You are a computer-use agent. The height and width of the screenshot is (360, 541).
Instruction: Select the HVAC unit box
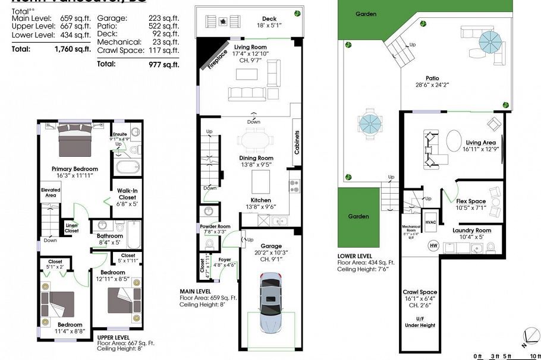[430, 222]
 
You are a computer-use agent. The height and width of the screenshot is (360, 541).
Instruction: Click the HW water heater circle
[433, 245]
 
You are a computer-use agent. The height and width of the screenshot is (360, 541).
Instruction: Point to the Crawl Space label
[420, 292]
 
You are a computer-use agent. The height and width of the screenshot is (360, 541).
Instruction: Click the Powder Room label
[215, 226]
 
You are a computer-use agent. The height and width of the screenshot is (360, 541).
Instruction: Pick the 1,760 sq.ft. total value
[72, 49]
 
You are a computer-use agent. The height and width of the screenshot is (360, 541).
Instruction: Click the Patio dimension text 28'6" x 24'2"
[432, 85]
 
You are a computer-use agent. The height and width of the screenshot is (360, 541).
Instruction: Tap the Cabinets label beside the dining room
[297, 143]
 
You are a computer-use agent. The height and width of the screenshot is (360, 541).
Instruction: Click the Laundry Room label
[471, 230]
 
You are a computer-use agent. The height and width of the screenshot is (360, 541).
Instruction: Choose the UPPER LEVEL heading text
[114, 337]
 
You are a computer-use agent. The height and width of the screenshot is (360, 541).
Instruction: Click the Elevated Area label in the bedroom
[51, 192]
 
